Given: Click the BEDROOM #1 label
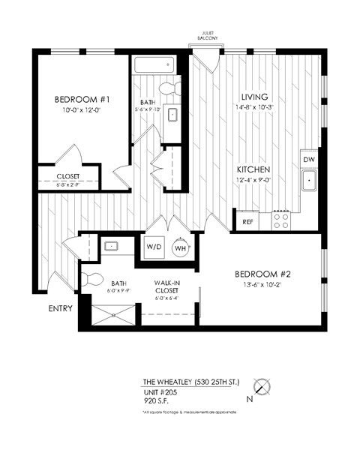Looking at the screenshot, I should coord(82,100).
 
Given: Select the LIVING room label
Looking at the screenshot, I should coord(254,97).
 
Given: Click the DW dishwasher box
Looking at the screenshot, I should coord(308,160).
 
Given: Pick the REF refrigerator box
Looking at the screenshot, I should coord(247,222).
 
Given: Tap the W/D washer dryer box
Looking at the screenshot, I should coord(154,247).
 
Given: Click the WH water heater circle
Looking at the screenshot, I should coord(181,247).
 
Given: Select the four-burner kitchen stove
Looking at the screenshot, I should coord(281,219).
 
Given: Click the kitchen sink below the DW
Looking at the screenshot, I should coord(309,181).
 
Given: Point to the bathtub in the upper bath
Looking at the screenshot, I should coord(154,66).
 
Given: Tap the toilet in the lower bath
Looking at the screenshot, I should coord(94,279).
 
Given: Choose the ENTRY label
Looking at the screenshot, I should coord(60,308).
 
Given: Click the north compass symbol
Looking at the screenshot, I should coord(261,387).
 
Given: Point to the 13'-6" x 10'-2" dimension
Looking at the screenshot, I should coord(262,285).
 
